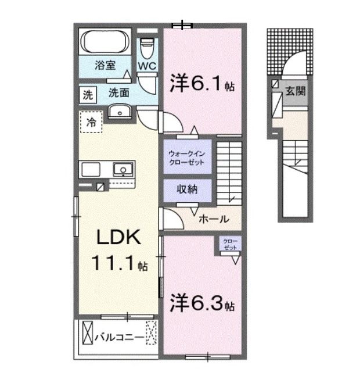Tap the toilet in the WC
point(147,46)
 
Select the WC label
point(147,66)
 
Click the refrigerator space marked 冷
point(91,123)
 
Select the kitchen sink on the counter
point(122,170)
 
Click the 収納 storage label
point(187,189)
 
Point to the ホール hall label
point(213,219)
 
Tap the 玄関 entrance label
point(296,91)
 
